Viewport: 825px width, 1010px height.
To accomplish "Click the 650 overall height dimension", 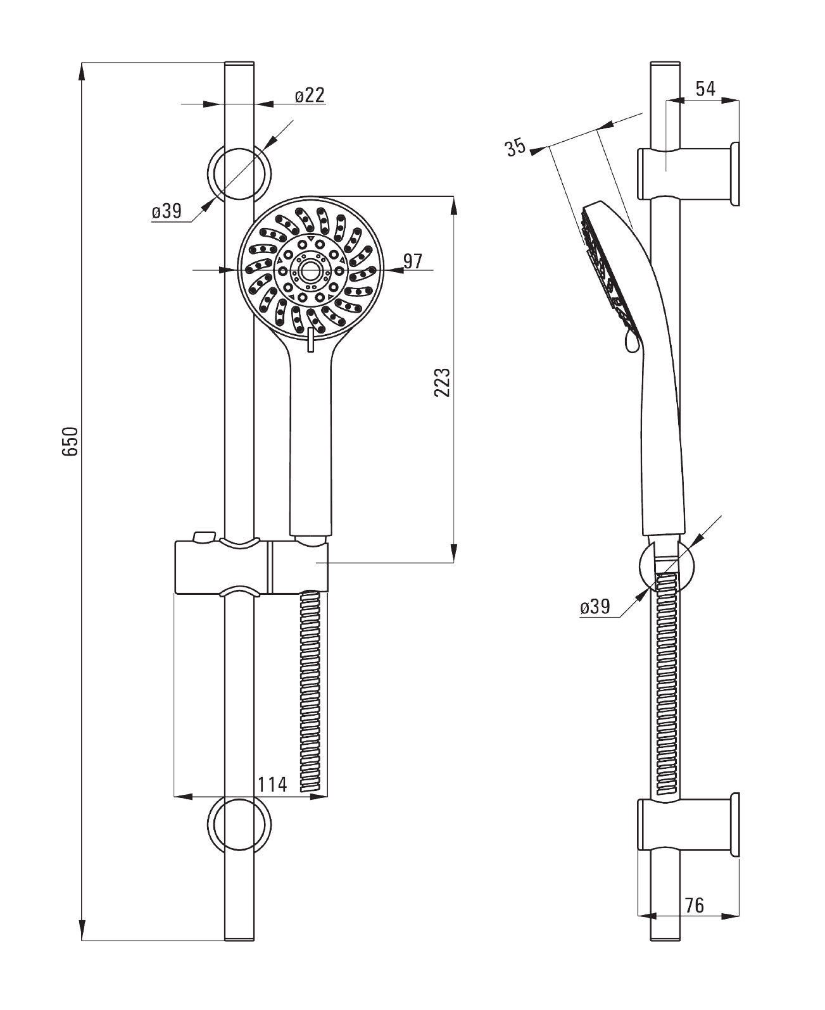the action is coord(70,441).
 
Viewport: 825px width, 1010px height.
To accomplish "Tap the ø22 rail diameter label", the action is coord(310,95).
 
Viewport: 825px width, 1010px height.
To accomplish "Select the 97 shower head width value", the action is coord(413,261).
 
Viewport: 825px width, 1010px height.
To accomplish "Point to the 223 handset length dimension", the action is coord(442,382).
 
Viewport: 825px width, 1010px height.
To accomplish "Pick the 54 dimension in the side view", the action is coord(705,89).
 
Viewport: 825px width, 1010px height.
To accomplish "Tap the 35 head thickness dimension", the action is coord(516,147).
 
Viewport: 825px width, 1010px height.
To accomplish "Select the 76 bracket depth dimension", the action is coord(694,905).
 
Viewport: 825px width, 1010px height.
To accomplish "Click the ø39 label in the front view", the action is coord(167,211).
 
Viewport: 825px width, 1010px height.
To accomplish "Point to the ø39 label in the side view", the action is coord(595,607).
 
